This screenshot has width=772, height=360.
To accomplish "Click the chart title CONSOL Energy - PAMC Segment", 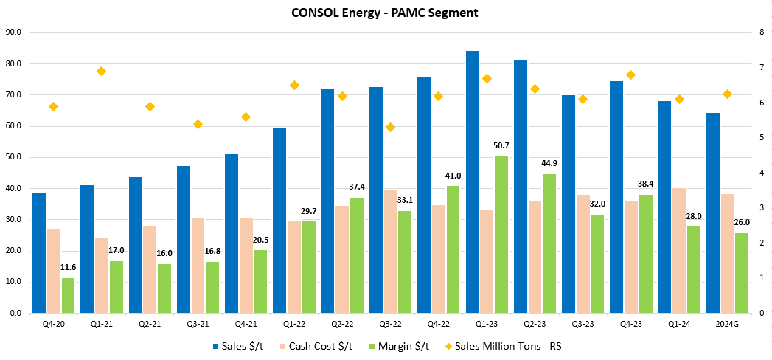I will coord(386,12).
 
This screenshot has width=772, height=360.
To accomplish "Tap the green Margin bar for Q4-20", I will coord(68,295).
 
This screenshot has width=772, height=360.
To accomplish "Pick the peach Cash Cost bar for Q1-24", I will coord(679,250).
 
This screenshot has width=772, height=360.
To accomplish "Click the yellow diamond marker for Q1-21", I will coord(102,71).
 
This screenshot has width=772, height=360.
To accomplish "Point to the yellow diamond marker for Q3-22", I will coord(391,127).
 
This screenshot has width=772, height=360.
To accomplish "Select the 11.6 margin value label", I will coord(68,268).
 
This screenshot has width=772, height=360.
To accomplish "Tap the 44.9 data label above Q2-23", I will coord(549,164).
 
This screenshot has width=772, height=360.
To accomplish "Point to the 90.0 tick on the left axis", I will coord(13,32).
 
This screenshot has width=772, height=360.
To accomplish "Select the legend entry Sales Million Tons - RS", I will coord(508,345).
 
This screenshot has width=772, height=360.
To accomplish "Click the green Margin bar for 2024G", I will coord(742,273).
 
